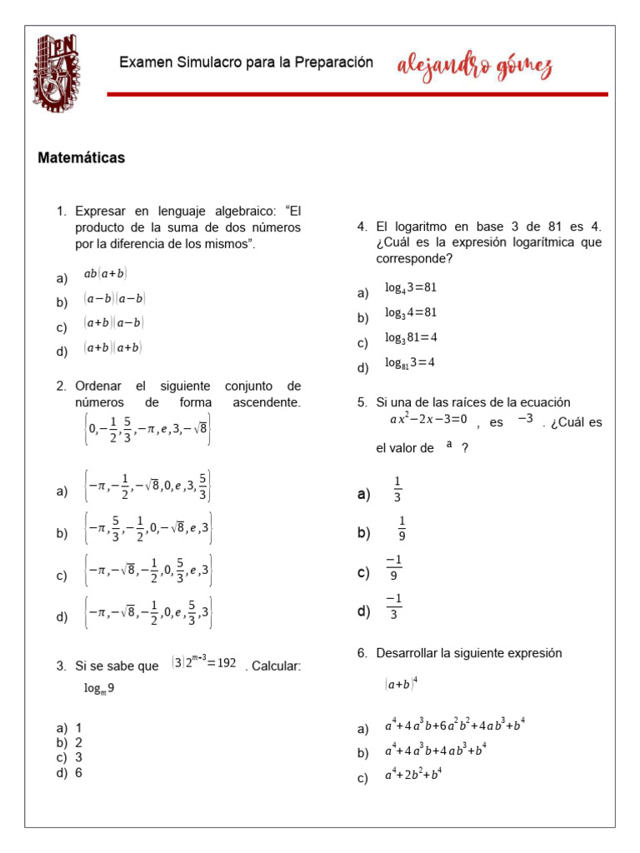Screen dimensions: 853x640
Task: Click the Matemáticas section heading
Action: point(81,157)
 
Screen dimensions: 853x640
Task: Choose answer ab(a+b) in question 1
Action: point(105,273)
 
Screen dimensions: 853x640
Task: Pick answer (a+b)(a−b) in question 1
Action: point(113,323)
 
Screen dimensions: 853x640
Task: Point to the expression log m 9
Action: point(98,688)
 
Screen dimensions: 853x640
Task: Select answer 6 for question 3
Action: point(78,772)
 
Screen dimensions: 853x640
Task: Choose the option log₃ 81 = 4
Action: point(411,337)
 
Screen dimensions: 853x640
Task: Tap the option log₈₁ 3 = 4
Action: point(410,362)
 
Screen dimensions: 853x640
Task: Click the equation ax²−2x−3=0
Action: point(427,419)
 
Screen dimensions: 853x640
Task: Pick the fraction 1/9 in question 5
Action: point(402,528)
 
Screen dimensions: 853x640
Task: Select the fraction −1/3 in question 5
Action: point(393,606)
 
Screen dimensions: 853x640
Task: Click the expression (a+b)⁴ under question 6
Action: point(401,684)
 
